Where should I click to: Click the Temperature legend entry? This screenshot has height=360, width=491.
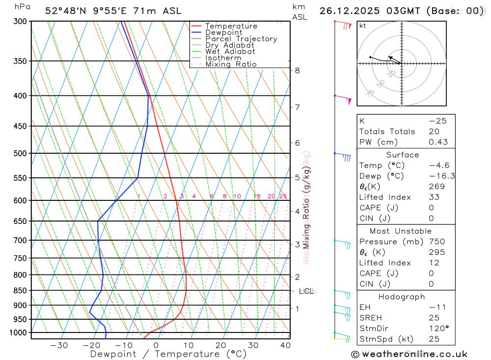pos(231,26)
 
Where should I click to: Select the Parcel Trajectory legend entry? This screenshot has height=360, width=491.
pos(241,39)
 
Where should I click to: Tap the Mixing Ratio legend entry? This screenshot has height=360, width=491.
pos(231,64)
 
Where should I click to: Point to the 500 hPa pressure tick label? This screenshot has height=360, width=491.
pos(20,153)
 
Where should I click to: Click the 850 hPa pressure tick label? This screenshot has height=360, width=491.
pos(20,290)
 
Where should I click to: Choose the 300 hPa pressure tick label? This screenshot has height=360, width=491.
pos(20,21)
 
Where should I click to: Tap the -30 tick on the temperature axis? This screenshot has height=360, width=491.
pos(59,345)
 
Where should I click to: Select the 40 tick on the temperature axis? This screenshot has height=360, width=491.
pos(285,345)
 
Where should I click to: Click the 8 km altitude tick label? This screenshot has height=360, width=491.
pos(297,70)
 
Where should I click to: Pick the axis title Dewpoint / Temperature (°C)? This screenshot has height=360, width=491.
pos(168,354)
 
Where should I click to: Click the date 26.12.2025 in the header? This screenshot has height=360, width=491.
pos(349,11)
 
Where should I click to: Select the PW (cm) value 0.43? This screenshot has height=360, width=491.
pos(438,142)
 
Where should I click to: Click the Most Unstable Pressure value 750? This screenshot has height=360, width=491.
pos(437,242)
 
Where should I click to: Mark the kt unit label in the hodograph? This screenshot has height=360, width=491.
pos(363,26)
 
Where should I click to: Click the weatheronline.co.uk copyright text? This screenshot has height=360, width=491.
pos(409,354)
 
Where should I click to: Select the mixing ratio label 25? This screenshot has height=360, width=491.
pos(283,196)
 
